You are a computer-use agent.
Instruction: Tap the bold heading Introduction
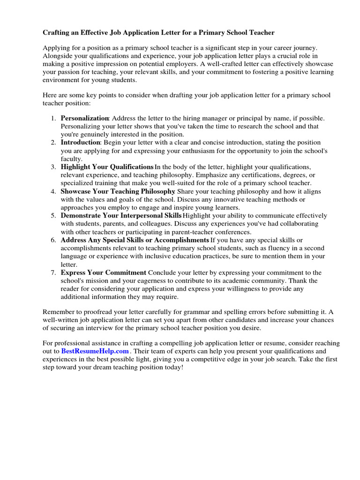coord(81,142)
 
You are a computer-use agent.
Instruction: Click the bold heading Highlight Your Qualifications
coord(107,167)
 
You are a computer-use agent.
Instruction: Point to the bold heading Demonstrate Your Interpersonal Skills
coord(121,216)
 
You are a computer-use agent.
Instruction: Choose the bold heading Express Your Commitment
coord(104,273)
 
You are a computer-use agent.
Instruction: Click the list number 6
coord(53,240)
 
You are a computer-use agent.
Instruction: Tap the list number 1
coord(53,118)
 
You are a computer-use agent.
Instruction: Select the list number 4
coord(53,191)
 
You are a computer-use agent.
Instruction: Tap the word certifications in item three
coord(240,175)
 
